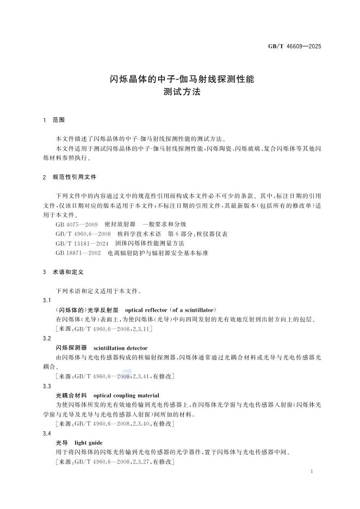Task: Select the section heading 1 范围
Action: [54, 120]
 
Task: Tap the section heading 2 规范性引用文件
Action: [70, 177]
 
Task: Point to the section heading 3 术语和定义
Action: [62, 271]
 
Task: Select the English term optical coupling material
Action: [126, 395]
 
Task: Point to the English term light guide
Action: [88, 443]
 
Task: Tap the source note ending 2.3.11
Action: [103, 329]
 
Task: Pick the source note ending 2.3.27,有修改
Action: [115, 462]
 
